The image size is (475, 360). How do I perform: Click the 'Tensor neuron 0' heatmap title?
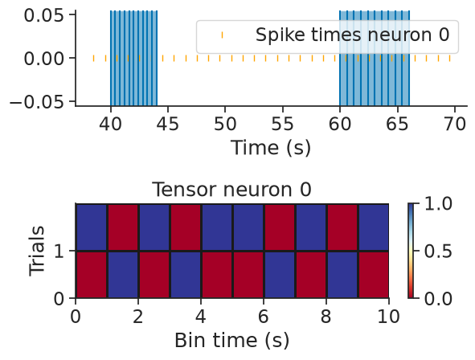point(231,190)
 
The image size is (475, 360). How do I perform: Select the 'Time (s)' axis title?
point(271,148)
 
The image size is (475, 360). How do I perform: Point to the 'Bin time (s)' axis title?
point(231,341)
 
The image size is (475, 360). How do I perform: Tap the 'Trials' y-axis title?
point(36,251)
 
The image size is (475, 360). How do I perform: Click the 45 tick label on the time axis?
point(167,124)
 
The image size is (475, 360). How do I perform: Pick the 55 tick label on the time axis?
point(282,124)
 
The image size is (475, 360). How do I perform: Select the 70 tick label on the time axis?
point(455,124)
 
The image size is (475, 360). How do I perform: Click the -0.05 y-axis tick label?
point(37,102)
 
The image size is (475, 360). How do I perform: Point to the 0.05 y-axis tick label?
point(44,15)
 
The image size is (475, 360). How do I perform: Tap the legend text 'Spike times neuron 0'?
point(352,35)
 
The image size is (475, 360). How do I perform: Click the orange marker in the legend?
point(222,35)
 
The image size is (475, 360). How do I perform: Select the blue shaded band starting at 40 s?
point(133,58)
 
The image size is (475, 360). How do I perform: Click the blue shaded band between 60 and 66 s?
point(375,58)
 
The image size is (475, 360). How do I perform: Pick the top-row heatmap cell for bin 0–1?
point(91,227)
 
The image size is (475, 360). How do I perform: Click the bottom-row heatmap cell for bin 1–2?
point(123,275)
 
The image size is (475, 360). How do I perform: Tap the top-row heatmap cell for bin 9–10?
point(374,227)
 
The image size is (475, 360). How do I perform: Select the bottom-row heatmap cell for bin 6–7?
point(280,275)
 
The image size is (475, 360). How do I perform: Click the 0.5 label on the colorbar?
point(438,252)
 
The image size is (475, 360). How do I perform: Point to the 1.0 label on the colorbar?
point(438,204)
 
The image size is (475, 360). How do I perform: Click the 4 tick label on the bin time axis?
point(201,317)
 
